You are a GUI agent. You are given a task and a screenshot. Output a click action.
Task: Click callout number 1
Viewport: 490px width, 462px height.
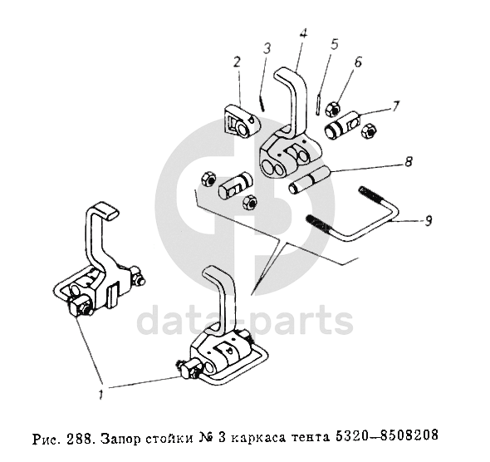pyautogui.click(x=100, y=395)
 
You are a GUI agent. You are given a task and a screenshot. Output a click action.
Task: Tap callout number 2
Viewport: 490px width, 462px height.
pyautogui.click(x=237, y=61)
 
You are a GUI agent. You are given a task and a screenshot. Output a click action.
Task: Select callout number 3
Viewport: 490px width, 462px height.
pyautogui.click(x=267, y=49)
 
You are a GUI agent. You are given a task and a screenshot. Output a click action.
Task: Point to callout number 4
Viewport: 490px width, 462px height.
pyautogui.click(x=303, y=33)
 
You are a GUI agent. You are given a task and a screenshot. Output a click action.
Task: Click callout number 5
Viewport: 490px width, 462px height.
pyautogui.click(x=334, y=44)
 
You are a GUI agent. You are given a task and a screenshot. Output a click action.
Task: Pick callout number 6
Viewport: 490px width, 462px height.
pyautogui.click(x=358, y=61)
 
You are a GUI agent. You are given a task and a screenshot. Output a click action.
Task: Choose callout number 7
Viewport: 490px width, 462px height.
pyautogui.click(x=395, y=106)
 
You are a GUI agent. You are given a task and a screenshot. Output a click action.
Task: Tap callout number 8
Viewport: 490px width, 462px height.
pyautogui.click(x=409, y=161)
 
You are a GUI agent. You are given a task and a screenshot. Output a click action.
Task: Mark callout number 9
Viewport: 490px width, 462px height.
pyautogui.click(x=429, y=221)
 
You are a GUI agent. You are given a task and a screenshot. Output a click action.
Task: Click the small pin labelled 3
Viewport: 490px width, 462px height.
pyautogui.click(x=262, y=103)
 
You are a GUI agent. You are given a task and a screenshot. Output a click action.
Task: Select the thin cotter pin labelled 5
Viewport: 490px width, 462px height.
pyautogui.click(x=317, y=105)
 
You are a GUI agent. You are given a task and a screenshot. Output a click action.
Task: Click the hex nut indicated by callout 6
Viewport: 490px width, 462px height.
pyautogui.click(x=332, y=109)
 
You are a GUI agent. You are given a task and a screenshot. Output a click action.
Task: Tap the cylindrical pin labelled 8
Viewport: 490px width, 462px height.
pyautogui.click(x=308, y=180)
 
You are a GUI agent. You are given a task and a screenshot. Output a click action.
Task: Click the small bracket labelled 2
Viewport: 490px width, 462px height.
pyautogui.click(x=242, y=121)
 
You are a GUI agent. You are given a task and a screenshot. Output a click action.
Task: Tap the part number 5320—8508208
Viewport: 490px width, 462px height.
pyautogui.click(x=386, y=435)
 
